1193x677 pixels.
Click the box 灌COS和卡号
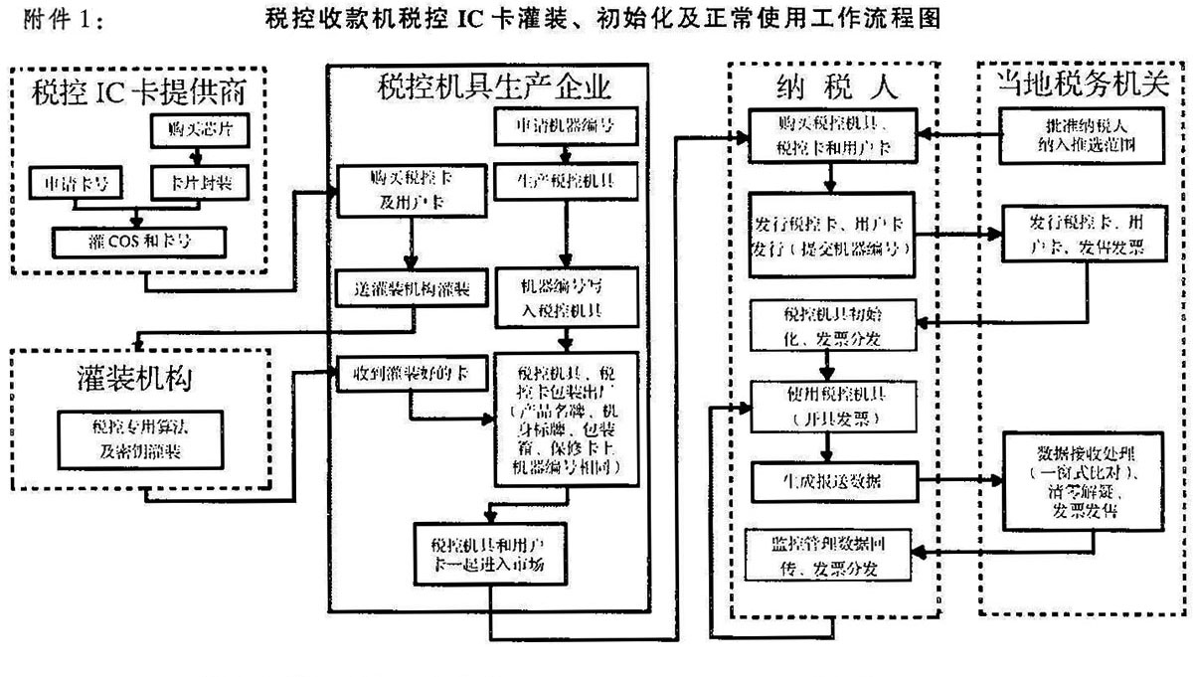141,240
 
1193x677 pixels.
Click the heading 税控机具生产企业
493,86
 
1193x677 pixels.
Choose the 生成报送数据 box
833,480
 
